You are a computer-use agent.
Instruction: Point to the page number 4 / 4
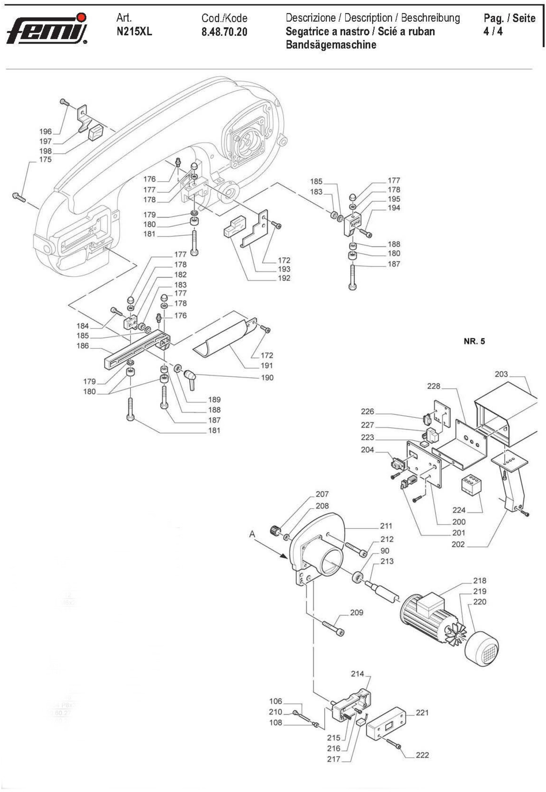tap(493, 32)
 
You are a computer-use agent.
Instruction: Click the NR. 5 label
tap(474, 341)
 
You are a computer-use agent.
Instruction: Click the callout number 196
tap(46, 131)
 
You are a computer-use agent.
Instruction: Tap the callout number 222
tap(422, 755)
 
